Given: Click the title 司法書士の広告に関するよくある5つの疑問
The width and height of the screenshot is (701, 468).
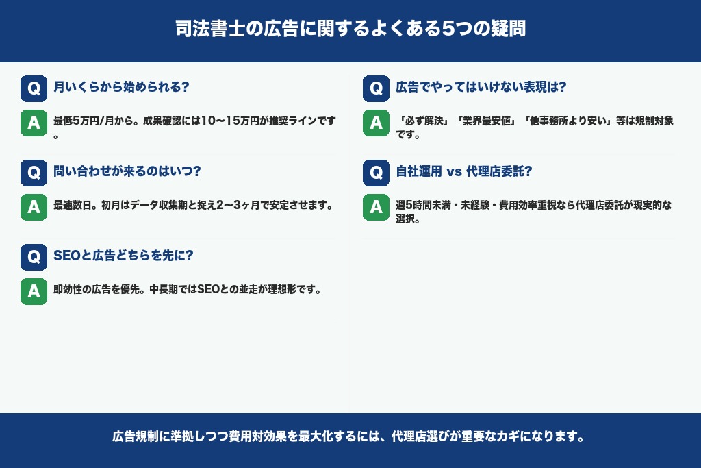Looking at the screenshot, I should click(350, 30).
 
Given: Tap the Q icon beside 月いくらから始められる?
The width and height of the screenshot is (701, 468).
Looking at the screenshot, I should click(34, 88).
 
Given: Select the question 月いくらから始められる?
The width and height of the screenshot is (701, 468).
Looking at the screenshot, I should click(121, 88).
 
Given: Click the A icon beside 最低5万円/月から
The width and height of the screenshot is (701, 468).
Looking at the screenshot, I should click(34, 123).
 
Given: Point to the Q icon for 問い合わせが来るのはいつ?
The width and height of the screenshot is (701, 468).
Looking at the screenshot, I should click(34, 172).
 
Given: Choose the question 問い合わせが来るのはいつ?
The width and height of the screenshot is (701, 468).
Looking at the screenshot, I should click(127, 172).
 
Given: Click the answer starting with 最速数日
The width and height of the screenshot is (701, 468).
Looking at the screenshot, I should click(192, 206).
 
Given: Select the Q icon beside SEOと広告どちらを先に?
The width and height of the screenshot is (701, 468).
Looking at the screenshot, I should click(34, 256).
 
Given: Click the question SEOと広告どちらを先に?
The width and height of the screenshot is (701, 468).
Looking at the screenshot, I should click(123, 256).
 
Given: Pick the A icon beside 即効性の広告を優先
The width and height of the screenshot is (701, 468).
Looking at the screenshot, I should click(34, 291).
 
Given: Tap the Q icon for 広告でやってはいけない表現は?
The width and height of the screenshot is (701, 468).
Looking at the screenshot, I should click(376, 88).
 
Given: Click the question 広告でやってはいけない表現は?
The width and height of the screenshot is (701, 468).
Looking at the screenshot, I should click(481, 88).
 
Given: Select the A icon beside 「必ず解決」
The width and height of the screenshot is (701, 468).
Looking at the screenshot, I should click(376, 123).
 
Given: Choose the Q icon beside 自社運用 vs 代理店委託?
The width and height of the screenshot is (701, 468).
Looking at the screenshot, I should click(376, 172).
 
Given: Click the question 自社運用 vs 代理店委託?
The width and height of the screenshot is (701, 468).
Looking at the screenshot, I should click(464, 172).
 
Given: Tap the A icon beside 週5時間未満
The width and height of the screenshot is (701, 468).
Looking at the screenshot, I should click(376, 207).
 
